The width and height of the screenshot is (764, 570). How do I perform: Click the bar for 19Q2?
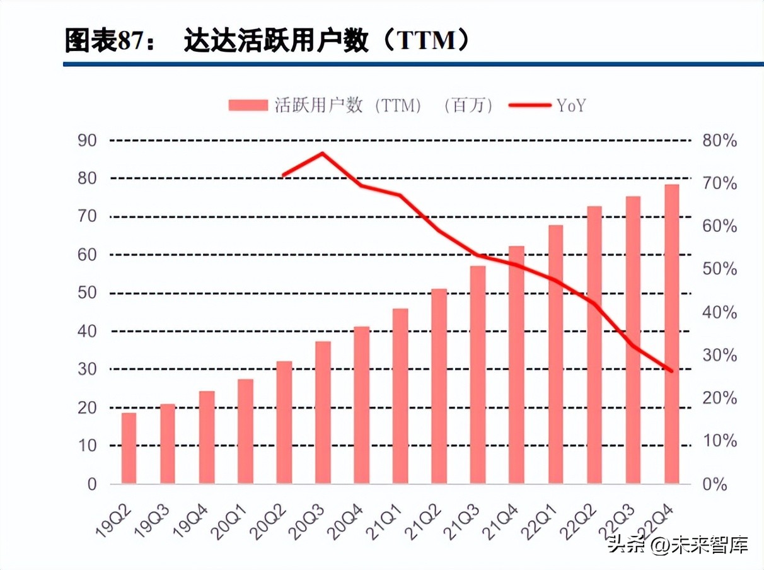click(129, 448)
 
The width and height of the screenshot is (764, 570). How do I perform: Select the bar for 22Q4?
click(671, 334)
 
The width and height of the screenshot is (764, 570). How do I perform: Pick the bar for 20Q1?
click(245, 431)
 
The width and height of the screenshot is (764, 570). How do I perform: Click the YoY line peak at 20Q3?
click(322, 153)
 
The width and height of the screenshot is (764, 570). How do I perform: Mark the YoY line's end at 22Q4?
click(671, 371)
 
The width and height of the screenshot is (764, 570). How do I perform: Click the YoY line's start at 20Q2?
click(284, 175)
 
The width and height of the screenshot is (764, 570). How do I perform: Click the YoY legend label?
click(571, 105)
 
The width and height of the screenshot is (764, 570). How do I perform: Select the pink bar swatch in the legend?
click(248, 105)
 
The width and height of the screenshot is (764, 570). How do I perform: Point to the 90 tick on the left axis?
click(86, 140)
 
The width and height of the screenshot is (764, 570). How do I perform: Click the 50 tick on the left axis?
click(86, 293)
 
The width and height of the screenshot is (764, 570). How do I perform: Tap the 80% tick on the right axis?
click(719, 140)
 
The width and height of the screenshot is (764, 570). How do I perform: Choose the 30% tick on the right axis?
click(719, 355)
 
